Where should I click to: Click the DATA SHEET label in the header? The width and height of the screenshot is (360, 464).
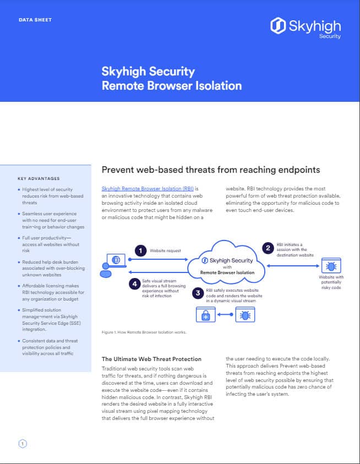[x=35, y=20]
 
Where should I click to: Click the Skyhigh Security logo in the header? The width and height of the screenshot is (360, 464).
[x=306, y=27]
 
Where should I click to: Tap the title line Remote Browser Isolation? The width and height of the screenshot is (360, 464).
[x=172, y=85]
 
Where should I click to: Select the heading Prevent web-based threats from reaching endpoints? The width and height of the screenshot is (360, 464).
[x=211, y=170]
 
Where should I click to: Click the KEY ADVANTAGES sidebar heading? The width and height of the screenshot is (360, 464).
[x=39, y=178]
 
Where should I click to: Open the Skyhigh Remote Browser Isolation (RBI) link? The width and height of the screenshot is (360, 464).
[x=148, y=188]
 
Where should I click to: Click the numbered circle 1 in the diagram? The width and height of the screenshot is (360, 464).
[x=140, y=250]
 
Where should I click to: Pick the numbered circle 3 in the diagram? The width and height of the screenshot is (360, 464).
[x=197, y=293]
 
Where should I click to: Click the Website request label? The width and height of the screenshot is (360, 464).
[x=165, y=250]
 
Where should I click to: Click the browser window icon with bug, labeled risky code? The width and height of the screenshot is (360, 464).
[x=331, y=265]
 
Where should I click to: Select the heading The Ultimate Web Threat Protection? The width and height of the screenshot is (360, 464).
[x=152, y=359]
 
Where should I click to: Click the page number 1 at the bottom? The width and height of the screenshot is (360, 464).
[x=23, y=443]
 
